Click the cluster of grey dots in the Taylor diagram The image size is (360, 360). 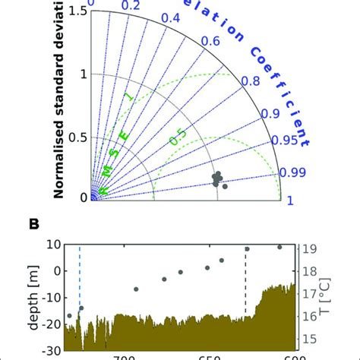(219, 179)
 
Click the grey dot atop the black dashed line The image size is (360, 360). (246, 248)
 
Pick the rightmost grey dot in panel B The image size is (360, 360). (279, 247)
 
